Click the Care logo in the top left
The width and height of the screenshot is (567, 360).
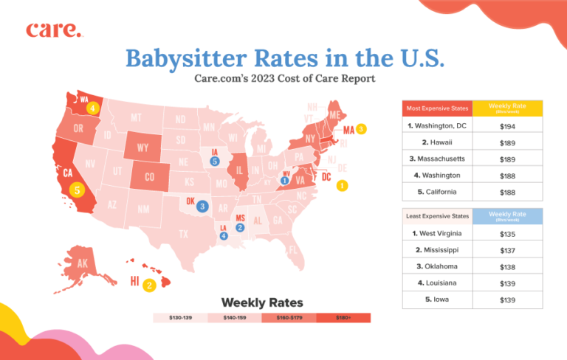pyautogui.click(x=54, y=30)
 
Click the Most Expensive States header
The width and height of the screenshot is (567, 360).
pyautogui.click(x=437, y=110)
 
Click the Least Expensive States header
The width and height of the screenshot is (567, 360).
pyautogui.click(x=437, y=215)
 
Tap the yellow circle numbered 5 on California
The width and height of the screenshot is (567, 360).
pyautogui.click(x=77, y=190)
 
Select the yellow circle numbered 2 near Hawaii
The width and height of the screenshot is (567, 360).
pyautogui.click(x=149, y=285)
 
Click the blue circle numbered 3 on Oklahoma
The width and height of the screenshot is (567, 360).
pyautogui.click(x=202, y=207)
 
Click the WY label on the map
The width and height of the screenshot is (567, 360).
pyautogui.click(x=143, y=148)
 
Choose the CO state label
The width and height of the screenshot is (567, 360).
pyautogui.click(x=150, y=177)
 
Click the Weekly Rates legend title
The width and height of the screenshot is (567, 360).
pyautogui.click(x=262, y=303)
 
